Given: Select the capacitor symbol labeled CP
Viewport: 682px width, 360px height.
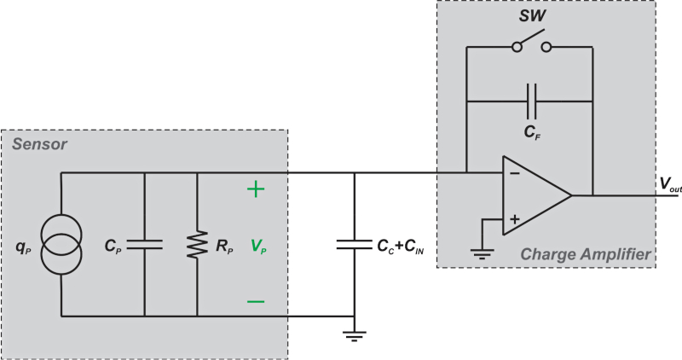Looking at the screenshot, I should pyautogui.click(x=144, y=244).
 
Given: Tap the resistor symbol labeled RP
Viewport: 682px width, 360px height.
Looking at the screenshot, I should pyautogui.click(x=197, y=244).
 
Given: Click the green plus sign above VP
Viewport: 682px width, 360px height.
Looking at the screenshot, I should pyautogui.click(x=256, y=189).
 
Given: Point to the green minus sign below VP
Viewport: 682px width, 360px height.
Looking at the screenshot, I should pyautogui.click(x=256, y=300).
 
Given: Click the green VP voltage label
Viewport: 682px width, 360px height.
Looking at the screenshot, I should pyautogui.click(x=257, y=245).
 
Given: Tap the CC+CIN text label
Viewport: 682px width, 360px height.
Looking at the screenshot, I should pyautogui.click(x=400, y=245).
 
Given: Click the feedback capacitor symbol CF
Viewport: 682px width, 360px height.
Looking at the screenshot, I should pyautogui.click(x=529, y=100).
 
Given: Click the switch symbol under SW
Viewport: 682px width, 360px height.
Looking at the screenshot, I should pyautogui.click(x=529, y=46).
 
